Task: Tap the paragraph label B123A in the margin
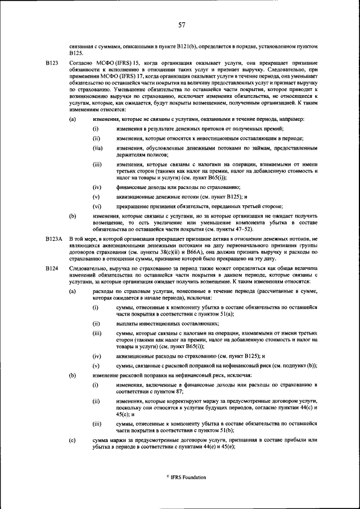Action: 54,239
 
